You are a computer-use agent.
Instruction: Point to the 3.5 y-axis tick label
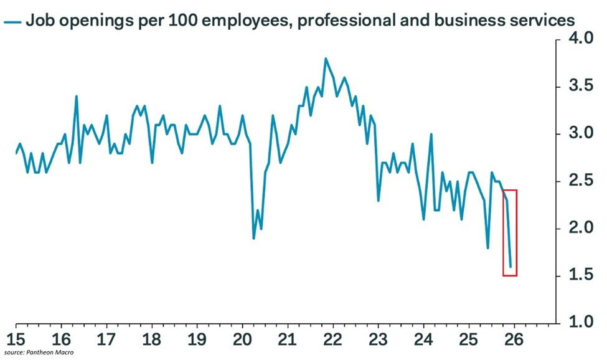(x=580, y=87)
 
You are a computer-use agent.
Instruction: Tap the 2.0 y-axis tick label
(x=580, y=229)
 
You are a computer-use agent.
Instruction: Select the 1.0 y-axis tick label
(x=580, y=323)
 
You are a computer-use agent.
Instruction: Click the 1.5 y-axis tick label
(x=580, y=276)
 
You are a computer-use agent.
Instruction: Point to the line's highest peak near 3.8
(x=326, y=59)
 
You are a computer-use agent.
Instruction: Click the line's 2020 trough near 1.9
(x=253, y=238)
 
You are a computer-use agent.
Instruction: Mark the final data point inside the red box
(x=511, y=267)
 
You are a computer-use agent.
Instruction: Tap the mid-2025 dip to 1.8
(x=487, y=247)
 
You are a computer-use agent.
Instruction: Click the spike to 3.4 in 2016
(x=76, y=97)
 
